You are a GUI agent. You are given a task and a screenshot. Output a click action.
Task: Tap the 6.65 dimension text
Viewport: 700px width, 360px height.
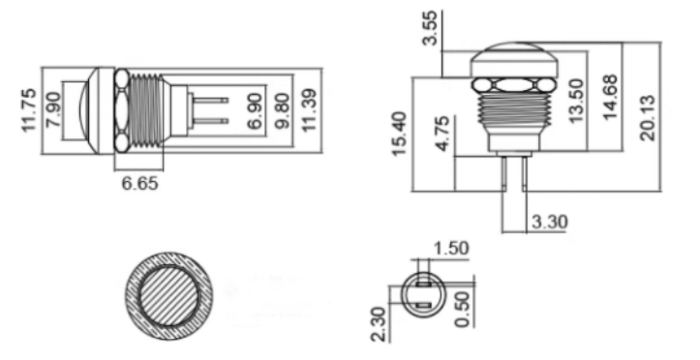coord(139,182)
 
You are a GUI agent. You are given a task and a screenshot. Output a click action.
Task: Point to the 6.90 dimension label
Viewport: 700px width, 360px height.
coord(255,111)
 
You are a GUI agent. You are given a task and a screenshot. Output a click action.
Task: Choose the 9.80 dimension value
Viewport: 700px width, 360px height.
coord(282,111)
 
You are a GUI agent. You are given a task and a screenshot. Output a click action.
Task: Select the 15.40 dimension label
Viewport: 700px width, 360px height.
coord(400,135)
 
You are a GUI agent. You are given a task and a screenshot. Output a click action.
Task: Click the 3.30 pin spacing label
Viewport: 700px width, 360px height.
coord(549,223)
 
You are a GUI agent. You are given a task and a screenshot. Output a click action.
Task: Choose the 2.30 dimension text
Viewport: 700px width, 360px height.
coord(380,322)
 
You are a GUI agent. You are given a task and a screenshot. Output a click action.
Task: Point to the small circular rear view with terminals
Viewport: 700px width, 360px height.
coord(420,296)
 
